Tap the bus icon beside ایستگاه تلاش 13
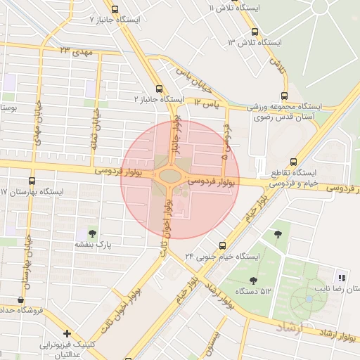255,32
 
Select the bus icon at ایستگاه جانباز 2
159,89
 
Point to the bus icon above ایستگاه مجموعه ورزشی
284,96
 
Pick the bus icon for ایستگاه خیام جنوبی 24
222,245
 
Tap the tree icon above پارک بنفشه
92,233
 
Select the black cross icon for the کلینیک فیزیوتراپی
67,333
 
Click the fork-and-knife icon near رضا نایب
342,276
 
